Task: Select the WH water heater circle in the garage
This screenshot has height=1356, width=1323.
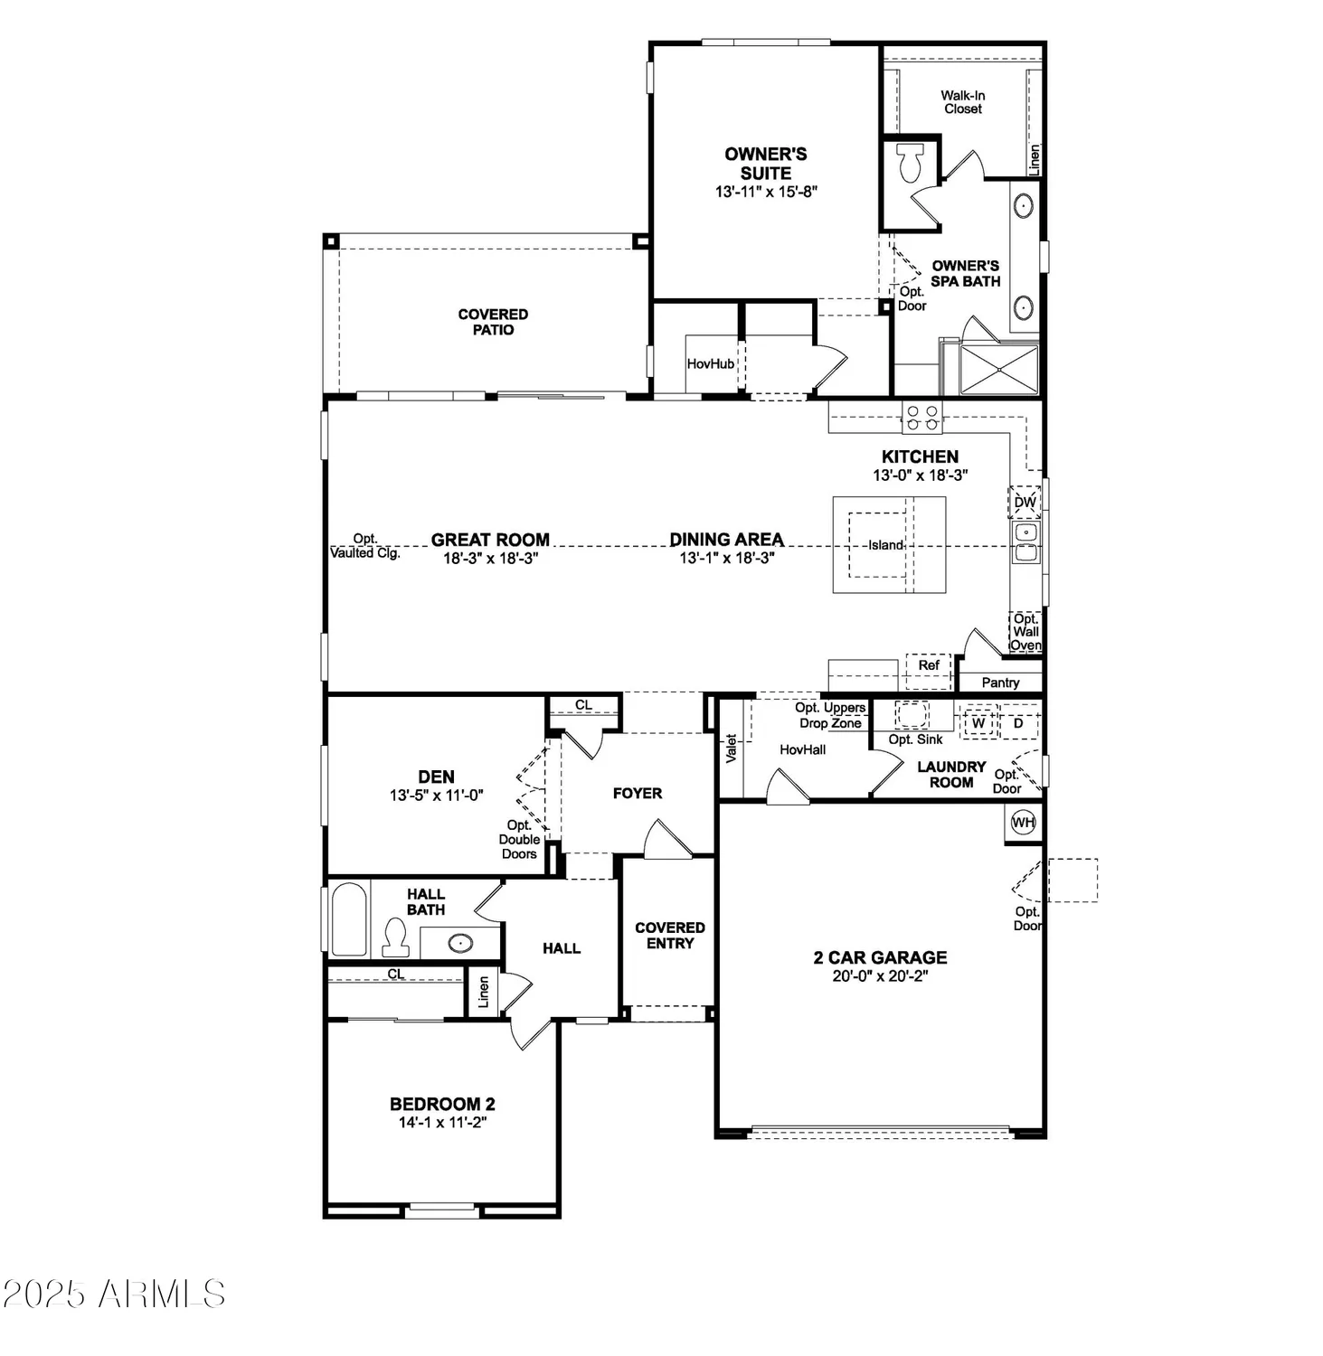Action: [1023, 823]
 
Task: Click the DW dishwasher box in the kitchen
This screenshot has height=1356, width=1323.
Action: [1025, 502]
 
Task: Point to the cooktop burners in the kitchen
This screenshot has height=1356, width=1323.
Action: [921, 417]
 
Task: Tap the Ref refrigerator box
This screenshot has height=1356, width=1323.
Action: [929, 665]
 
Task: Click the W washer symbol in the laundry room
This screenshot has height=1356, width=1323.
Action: [978, 723]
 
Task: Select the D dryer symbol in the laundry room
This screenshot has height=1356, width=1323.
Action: [1018, 723]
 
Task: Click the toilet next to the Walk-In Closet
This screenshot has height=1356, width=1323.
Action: [910, 163]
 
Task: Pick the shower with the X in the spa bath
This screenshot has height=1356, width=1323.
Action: [999, 369]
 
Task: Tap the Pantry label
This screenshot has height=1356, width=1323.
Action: [1000, 683]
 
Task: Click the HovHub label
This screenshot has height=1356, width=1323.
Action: [711, 363]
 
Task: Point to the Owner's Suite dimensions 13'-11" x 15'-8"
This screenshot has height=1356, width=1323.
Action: [766, 192]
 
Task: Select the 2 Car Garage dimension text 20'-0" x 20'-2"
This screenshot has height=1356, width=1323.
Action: [880, 976]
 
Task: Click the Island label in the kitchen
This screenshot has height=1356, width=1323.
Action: [885, 545]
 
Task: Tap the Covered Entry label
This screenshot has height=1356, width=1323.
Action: [669, 936]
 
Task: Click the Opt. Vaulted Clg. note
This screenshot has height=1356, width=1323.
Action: [364, 546]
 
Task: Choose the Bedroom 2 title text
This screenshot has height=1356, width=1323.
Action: [442, 1104]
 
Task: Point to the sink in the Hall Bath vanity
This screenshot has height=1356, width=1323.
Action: [460, 944]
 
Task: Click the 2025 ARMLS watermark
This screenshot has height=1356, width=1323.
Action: [114, 1294]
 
